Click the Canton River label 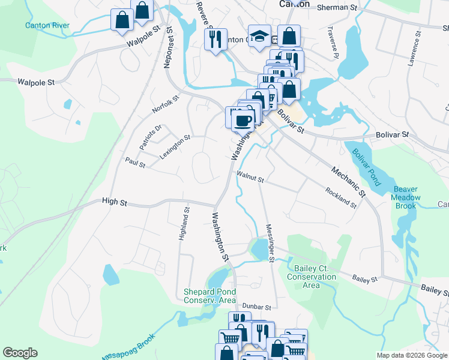47,26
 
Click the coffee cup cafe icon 242,120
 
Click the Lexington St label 175,146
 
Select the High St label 114,203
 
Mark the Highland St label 184,224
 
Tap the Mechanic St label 349,181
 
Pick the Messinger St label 270,244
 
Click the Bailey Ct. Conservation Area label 312,277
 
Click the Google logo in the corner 20,353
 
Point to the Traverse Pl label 333,43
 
